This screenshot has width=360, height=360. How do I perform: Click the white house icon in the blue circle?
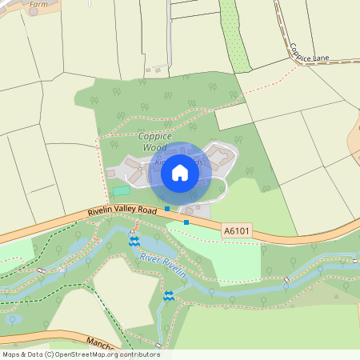[180, 173]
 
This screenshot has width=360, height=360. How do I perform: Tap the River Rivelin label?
[162, 266]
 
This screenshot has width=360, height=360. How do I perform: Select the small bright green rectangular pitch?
[121, 190]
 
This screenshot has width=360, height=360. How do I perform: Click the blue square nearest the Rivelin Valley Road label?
[167, 208]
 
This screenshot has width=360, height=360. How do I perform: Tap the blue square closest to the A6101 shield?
[186, 222]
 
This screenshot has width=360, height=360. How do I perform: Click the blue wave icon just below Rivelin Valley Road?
[134, 239]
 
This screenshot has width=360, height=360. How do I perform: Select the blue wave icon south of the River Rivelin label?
[169, 295]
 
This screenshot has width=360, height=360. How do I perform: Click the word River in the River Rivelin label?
[150, 258]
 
